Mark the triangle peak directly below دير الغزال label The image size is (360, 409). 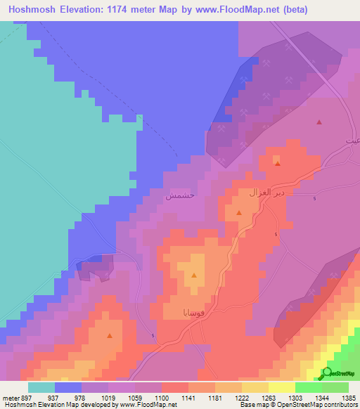[239, 212]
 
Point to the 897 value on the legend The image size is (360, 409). [27, 398]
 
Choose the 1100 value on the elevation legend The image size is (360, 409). [162, 398]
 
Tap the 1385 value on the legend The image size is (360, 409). [349, 398]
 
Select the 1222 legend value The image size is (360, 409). [241, 398]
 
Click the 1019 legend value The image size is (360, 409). [108, 398]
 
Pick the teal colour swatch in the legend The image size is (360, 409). [41, 387]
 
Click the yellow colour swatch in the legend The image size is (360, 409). [281, 387]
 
